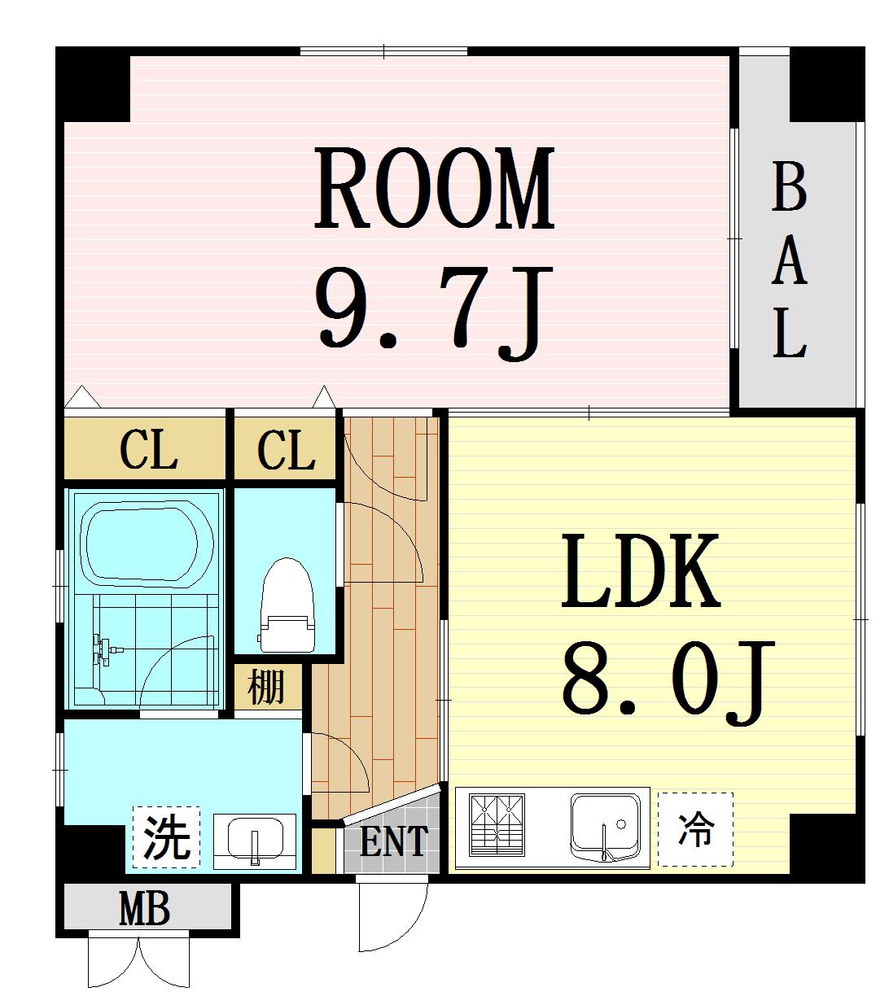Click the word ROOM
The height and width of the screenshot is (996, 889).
tap(435, 188)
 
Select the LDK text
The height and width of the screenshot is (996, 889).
tap(641, 572)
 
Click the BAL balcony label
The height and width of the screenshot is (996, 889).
tap(788, 260)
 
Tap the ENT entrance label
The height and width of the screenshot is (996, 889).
tap(393, 842)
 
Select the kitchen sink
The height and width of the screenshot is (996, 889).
tap(607, 823)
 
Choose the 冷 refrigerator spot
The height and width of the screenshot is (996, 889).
tap(695, 829)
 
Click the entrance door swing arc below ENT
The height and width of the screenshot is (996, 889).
tap(395, 920)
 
